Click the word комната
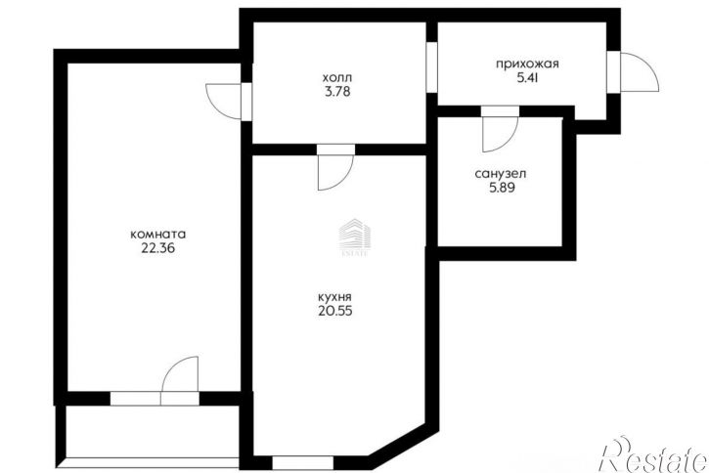pyautogui.click(x=157, y=235)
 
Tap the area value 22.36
pyautogui.click(x=157, y=248)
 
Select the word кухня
pyautogui.click(x=334, y=297)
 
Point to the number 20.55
pyautogui.click(x=334, y=312)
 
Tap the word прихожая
pyautogui.click(x=527, y=64)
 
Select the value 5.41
pyautogui.click(x=527, y=78)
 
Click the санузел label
pyautogui.click(x=501, y=174)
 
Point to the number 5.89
pyautogui.click(x=501, y=188)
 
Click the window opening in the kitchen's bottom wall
pyautogui.click(x=302, y=463)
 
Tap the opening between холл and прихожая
pyautogui.click(x=432, y=67)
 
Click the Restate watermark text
pyautogui.click(x=653, y=454)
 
